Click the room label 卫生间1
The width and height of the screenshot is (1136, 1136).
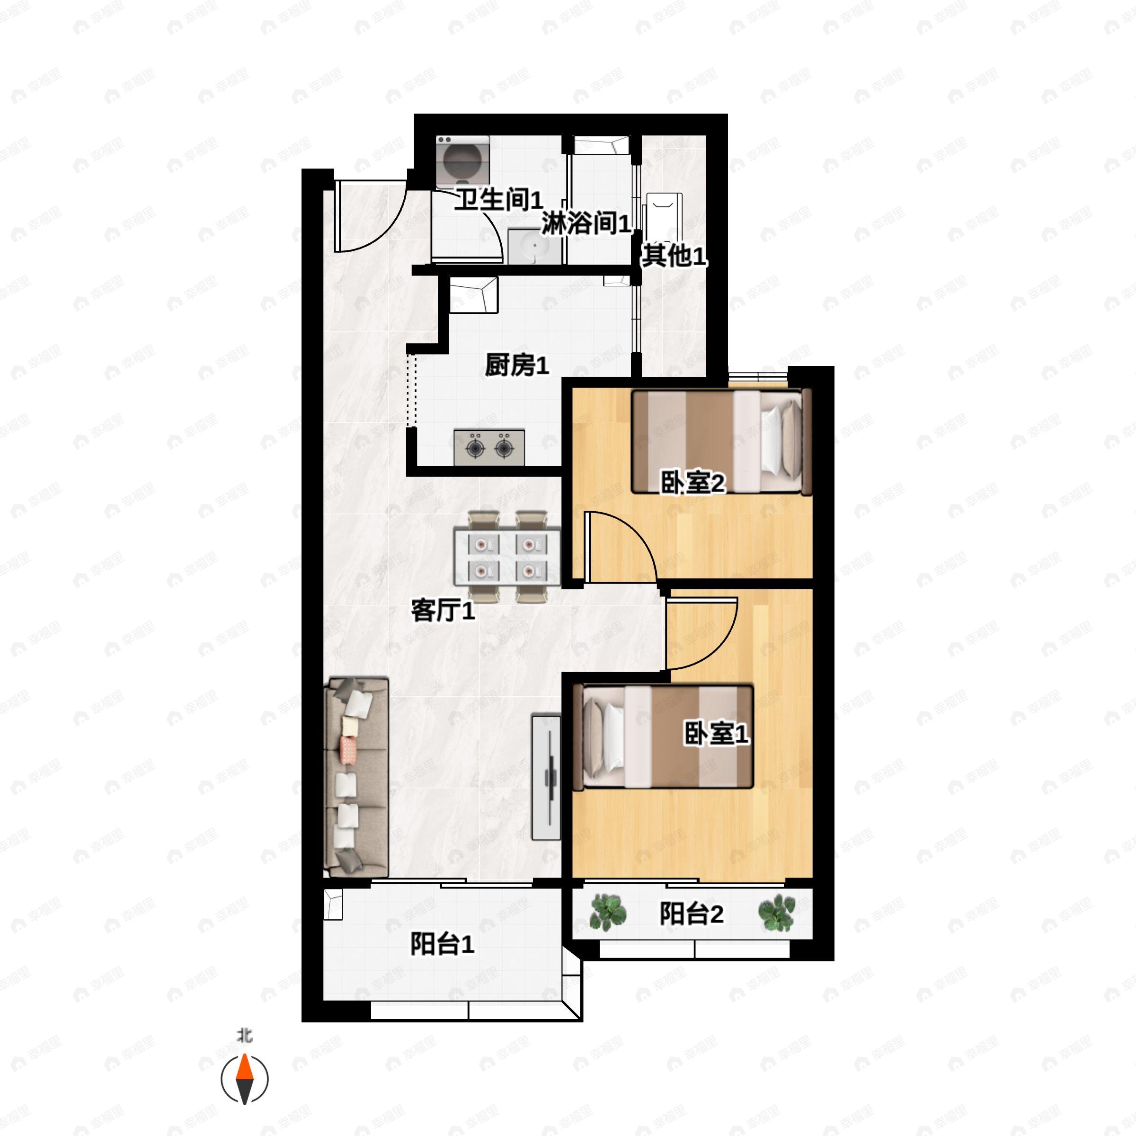(x=498, y=201)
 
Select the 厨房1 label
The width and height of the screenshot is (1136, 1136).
(x=517, y=366)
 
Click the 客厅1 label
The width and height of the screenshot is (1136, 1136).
(x=443, y=611)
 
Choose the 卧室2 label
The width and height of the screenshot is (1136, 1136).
(x=692, y=483)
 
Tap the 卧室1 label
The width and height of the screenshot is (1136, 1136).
(x=716, y=733)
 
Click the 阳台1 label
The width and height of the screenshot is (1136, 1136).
(x=442, y=945)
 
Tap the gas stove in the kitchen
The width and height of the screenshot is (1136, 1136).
(x=489, y=447)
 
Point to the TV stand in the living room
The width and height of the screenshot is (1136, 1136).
(x=546, y=777)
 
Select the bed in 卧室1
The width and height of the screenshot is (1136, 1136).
(x=667, y=737)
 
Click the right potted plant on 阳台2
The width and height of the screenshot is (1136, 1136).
(x=777, y=913)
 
